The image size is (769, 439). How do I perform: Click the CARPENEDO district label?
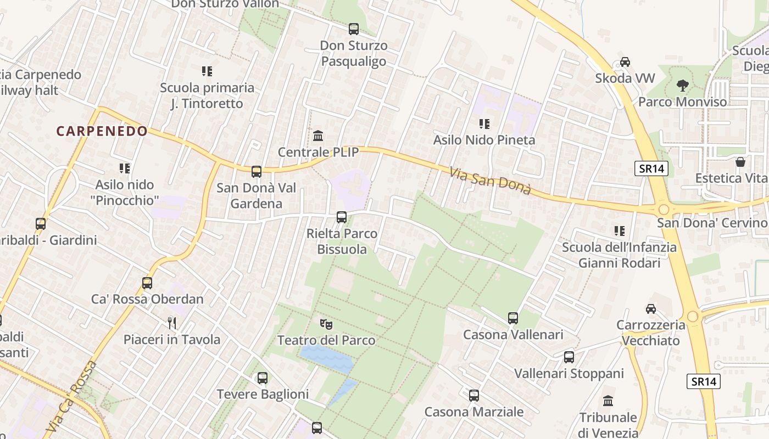click(x=102, y=131)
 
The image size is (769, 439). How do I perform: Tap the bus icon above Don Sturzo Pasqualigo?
click(x=354, y=29)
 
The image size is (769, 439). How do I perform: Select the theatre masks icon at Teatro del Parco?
click(x=326, y=324)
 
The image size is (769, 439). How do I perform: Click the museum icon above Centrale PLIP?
click(x=318, y=136)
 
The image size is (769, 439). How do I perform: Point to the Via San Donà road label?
click(x=490, y=181)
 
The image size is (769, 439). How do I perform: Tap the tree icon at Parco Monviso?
click(x=683, y=86)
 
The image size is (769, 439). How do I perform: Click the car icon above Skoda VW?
click(x=625, y=62)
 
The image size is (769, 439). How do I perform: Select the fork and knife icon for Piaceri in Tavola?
click(x=172, y=323)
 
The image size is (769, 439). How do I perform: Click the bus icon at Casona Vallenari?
click(x=513, y=318)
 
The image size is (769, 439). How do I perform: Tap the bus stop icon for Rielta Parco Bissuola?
click(x=342, y=217)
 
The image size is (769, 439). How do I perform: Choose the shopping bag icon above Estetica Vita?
click(x=740, y=162)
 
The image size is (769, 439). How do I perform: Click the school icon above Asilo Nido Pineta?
click(x=484, y=124)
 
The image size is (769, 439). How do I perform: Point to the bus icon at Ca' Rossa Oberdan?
click(x=147, y=283)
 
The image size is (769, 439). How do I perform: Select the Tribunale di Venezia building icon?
click(x=608, y=401)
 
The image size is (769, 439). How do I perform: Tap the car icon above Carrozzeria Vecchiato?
click(x=651, y=309)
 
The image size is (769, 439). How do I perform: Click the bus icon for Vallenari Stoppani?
click(x=569, y=357)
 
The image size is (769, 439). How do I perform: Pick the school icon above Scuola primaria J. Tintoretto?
click(x=207, y=71)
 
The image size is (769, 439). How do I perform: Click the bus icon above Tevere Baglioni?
click(x=263, y=378)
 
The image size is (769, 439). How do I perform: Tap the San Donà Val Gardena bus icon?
click(x=257, y=172)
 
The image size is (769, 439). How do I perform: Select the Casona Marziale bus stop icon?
click(x=474, y=395)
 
